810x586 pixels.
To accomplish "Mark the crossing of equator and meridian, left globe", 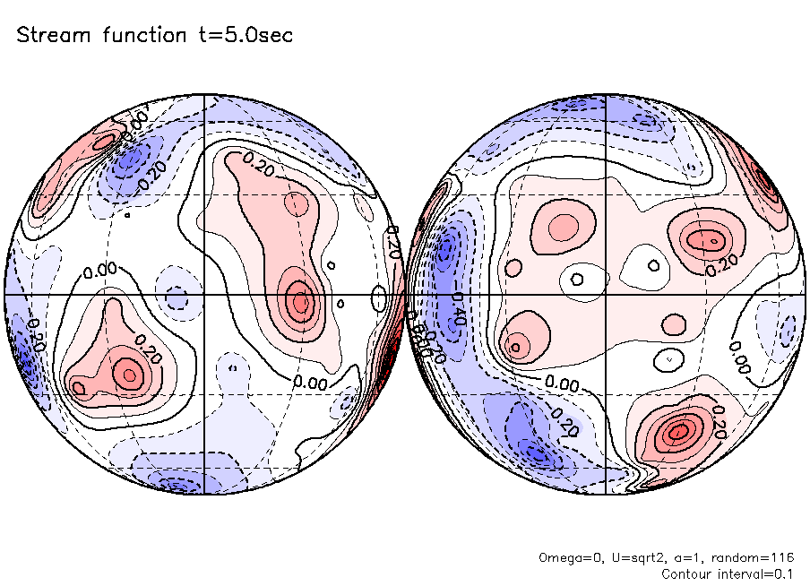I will pyautogui.click(x=205, y=294).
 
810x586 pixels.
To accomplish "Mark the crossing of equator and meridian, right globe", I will pyautogui.click(x=607, y=294).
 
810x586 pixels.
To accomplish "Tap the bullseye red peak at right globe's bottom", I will pyautogui.click(x=678, y=432).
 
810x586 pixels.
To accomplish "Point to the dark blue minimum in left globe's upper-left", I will pyautogui.click(x=132, y=162).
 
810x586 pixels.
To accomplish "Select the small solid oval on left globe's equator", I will pyautogui.click(x=379, y=296).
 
